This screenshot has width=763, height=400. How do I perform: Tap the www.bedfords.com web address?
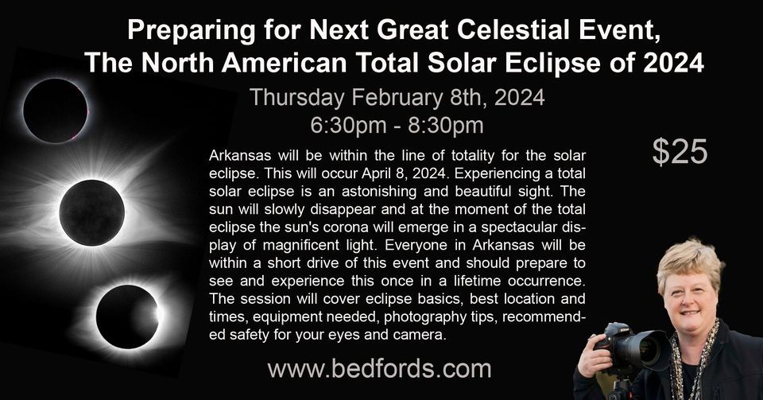[380, 369]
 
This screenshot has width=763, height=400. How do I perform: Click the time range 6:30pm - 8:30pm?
[397, 125]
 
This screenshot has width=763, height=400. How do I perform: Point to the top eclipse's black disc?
[56, 111]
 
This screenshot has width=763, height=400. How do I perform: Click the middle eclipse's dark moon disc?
[92, 212]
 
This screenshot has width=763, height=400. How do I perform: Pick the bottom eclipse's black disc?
[127, 317]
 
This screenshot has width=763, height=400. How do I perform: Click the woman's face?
[690, 298]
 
